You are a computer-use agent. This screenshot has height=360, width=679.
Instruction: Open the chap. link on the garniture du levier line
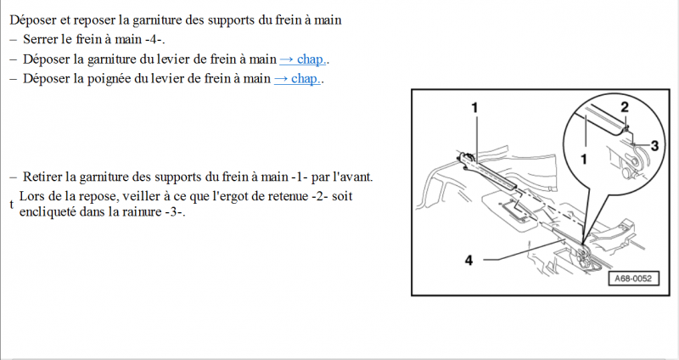point(303,59)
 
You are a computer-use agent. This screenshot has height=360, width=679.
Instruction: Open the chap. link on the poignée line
point(297,78)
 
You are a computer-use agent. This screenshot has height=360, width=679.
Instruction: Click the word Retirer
point(42,177)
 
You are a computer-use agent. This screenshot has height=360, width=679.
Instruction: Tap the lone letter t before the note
point(12,205)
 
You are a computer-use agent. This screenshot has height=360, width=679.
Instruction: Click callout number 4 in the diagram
point(469,260)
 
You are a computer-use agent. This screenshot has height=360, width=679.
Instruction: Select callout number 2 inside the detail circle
point(625,108)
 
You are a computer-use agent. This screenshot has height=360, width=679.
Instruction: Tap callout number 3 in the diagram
point(654,145)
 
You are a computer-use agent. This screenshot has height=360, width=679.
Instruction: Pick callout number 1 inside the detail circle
point(584,160)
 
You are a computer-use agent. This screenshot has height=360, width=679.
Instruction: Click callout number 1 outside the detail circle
point(475,108)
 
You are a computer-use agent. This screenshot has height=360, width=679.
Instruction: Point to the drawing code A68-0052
point(633,278)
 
